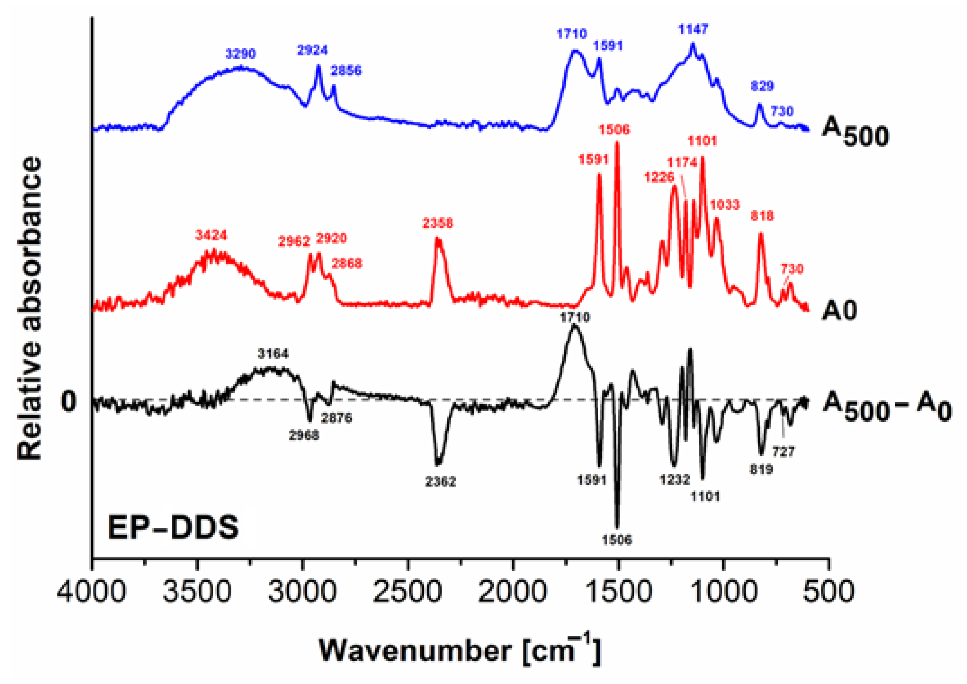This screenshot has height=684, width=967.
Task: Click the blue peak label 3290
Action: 240,54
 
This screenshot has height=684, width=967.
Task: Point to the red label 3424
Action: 211,235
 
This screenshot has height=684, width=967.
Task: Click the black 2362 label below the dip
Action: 441,481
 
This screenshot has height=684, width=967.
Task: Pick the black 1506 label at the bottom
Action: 617,540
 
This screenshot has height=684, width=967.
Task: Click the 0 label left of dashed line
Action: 69,401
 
